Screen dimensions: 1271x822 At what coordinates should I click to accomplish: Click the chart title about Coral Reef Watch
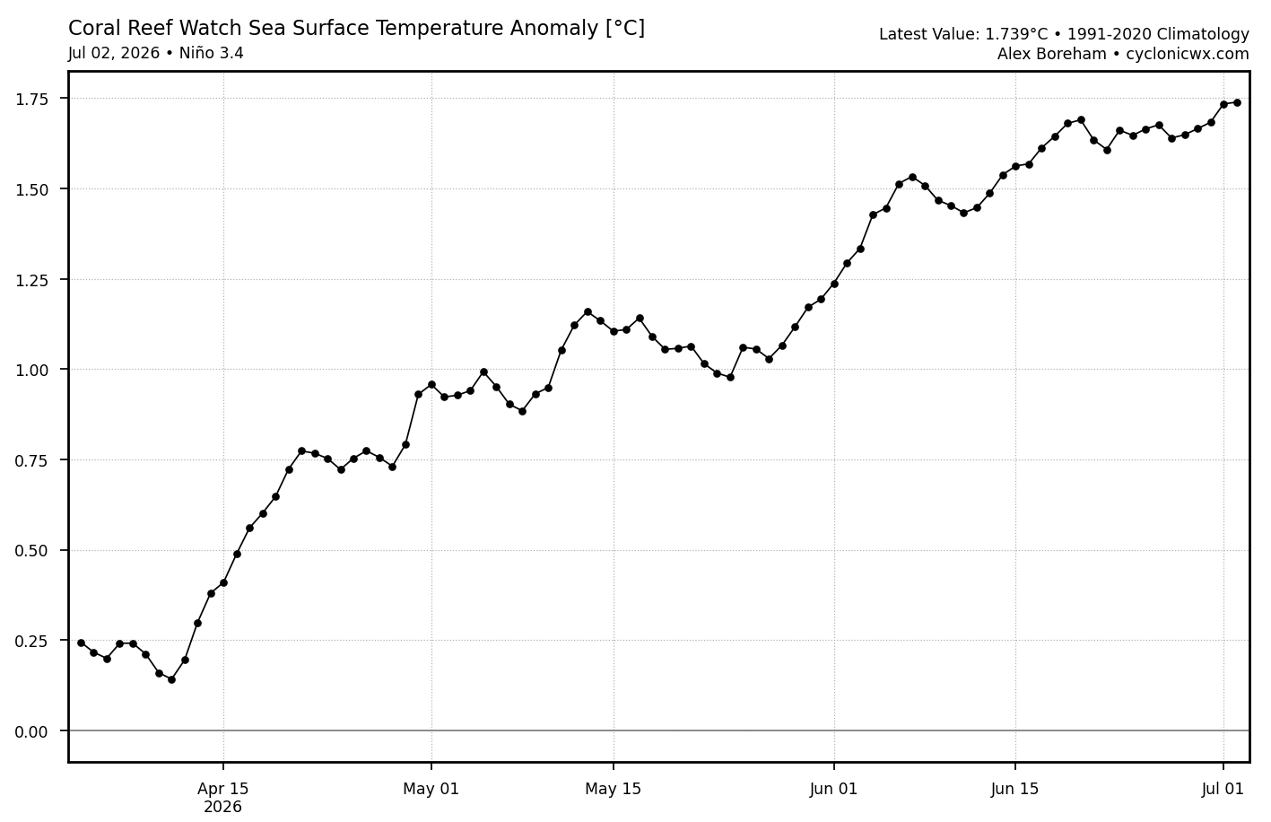pyautogui.click(x=356, y=28)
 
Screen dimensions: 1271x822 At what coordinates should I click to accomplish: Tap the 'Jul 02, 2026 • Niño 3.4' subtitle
pyautogui.click(x=155, y=53)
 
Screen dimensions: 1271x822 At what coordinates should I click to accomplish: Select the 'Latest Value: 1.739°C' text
pyautogui.click(x=963, y=35)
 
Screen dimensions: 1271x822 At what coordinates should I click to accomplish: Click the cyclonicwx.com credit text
pyautogui.click(x=1188, y=54)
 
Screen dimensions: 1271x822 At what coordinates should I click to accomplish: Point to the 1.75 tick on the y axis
pyautogui.click(x=31, y=100)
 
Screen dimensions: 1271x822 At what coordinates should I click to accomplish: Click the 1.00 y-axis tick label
pyautogui.click(x=31, y=370)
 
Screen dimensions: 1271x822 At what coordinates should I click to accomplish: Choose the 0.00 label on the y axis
pyautogui.click(x=31, y=731)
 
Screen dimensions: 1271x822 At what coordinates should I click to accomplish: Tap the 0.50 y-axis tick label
pyautogui.click(x=31, y=551)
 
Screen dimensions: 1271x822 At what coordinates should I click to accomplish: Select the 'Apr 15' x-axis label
pyautogui.click(x=223, y=789)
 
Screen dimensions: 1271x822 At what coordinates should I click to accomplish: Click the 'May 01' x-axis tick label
pyautogui.click(x=431, y=789)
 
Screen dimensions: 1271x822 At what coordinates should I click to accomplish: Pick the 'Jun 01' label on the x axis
pyautogui.click(x=833, y=789)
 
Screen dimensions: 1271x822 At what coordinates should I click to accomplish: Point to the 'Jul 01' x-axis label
pyautogui.click(x=1223, y=789)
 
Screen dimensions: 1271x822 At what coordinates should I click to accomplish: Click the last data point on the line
pyautogui.click(x=1237, y=102)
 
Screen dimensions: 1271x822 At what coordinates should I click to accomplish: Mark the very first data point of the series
pyautogui.click(x=81, y=643)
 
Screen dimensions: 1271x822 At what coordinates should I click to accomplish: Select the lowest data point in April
pyautogui.click(x=172, y=679)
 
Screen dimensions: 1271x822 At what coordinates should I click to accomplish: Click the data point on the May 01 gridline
pyautogui.click(x=431, y=384)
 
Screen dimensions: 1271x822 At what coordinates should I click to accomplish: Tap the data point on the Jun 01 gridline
pyautogui.click(x=834, y=284)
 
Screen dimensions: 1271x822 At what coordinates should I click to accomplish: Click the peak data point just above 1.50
pyautogui.click(x=912, y=177)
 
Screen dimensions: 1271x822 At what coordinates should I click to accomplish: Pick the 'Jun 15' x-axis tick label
pyautogui.click(x=1015, y=789)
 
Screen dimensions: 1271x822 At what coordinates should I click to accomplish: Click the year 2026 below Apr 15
pyautogui.click(x=223, y=808)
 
